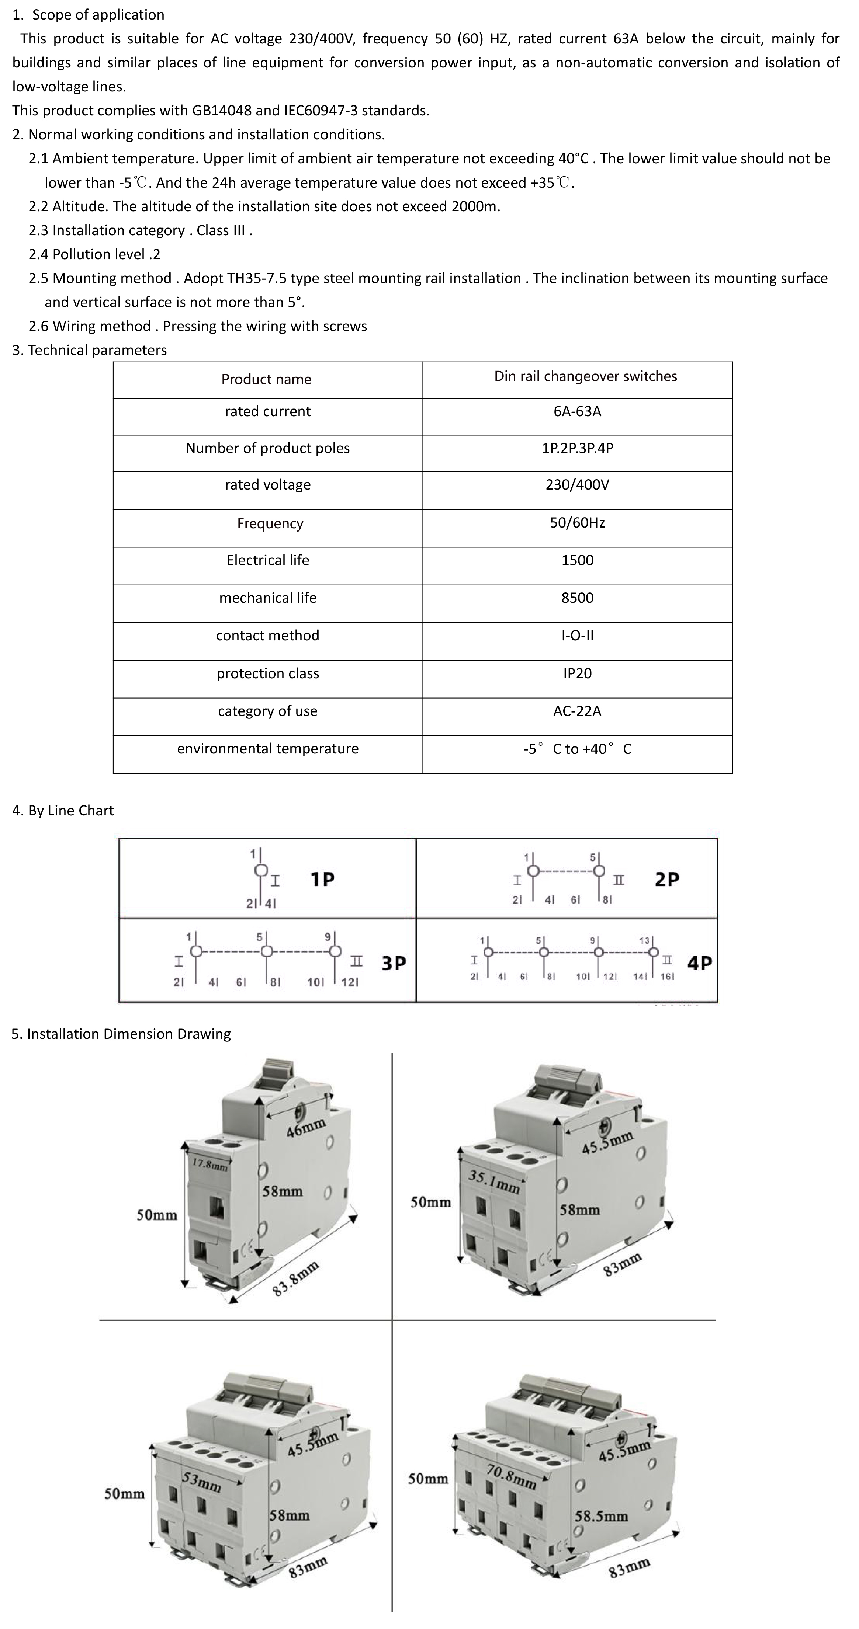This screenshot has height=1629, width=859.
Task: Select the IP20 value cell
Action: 577,673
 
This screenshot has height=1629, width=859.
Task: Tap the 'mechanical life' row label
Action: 267,598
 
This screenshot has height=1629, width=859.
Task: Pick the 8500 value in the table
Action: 577,598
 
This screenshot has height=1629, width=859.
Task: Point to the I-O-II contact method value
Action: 577,636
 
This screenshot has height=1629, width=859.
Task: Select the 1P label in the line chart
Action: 323,879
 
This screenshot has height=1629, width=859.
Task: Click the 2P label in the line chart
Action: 667,879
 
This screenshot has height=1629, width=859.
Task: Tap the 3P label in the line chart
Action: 394,963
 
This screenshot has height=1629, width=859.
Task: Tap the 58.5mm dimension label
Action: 601,1516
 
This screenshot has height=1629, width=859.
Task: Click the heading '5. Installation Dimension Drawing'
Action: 121,1034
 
